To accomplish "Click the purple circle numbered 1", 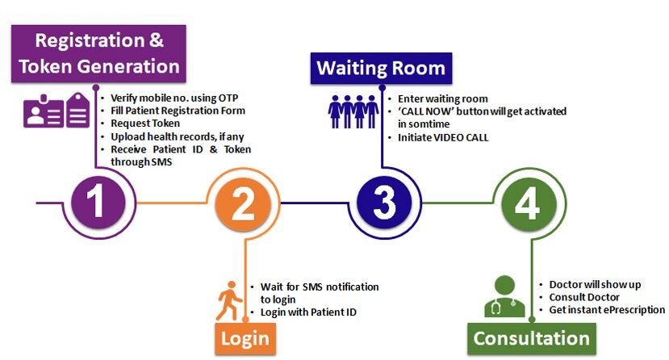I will point(96,203).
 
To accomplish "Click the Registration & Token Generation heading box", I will point(98,53).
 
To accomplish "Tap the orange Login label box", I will point(242,337).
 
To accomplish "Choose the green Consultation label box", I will point(531,337).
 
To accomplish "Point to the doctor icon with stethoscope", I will point(504,297).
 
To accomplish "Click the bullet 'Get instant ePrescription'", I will point(606,309).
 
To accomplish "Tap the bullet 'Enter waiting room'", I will point(442,98).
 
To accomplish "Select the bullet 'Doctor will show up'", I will point(594,285).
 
